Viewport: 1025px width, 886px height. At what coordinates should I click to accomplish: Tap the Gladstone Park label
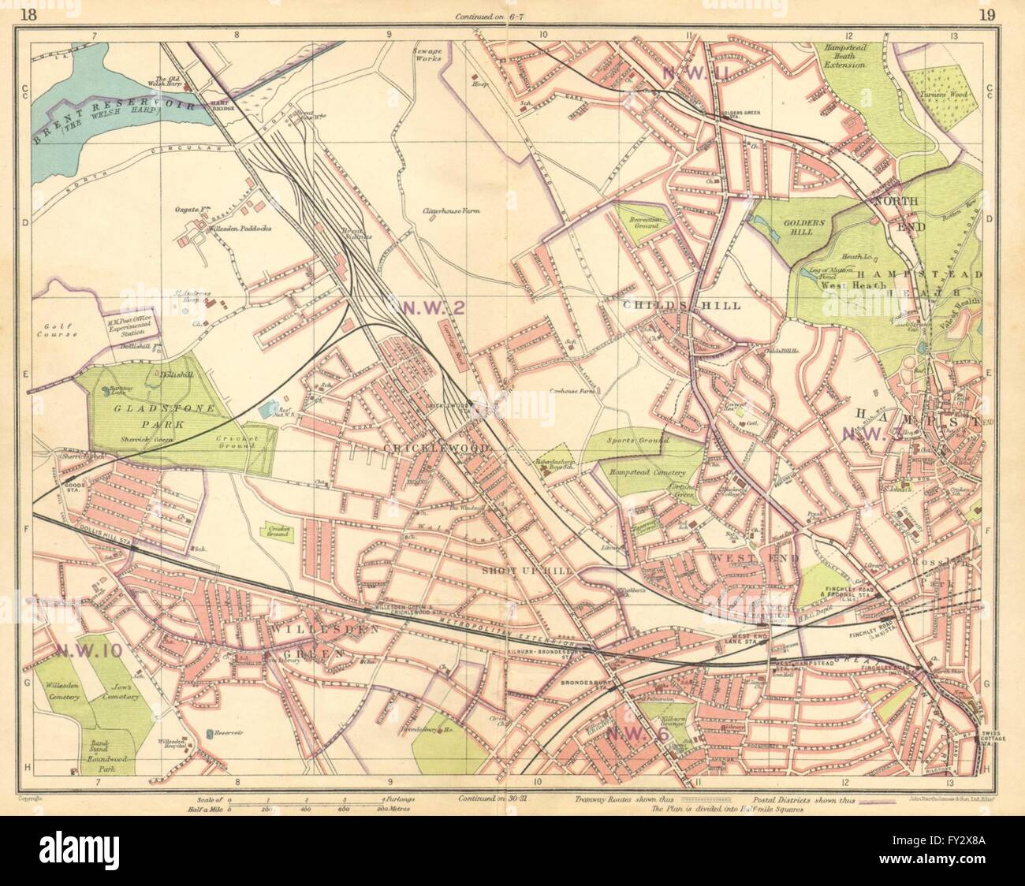(149, 409)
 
